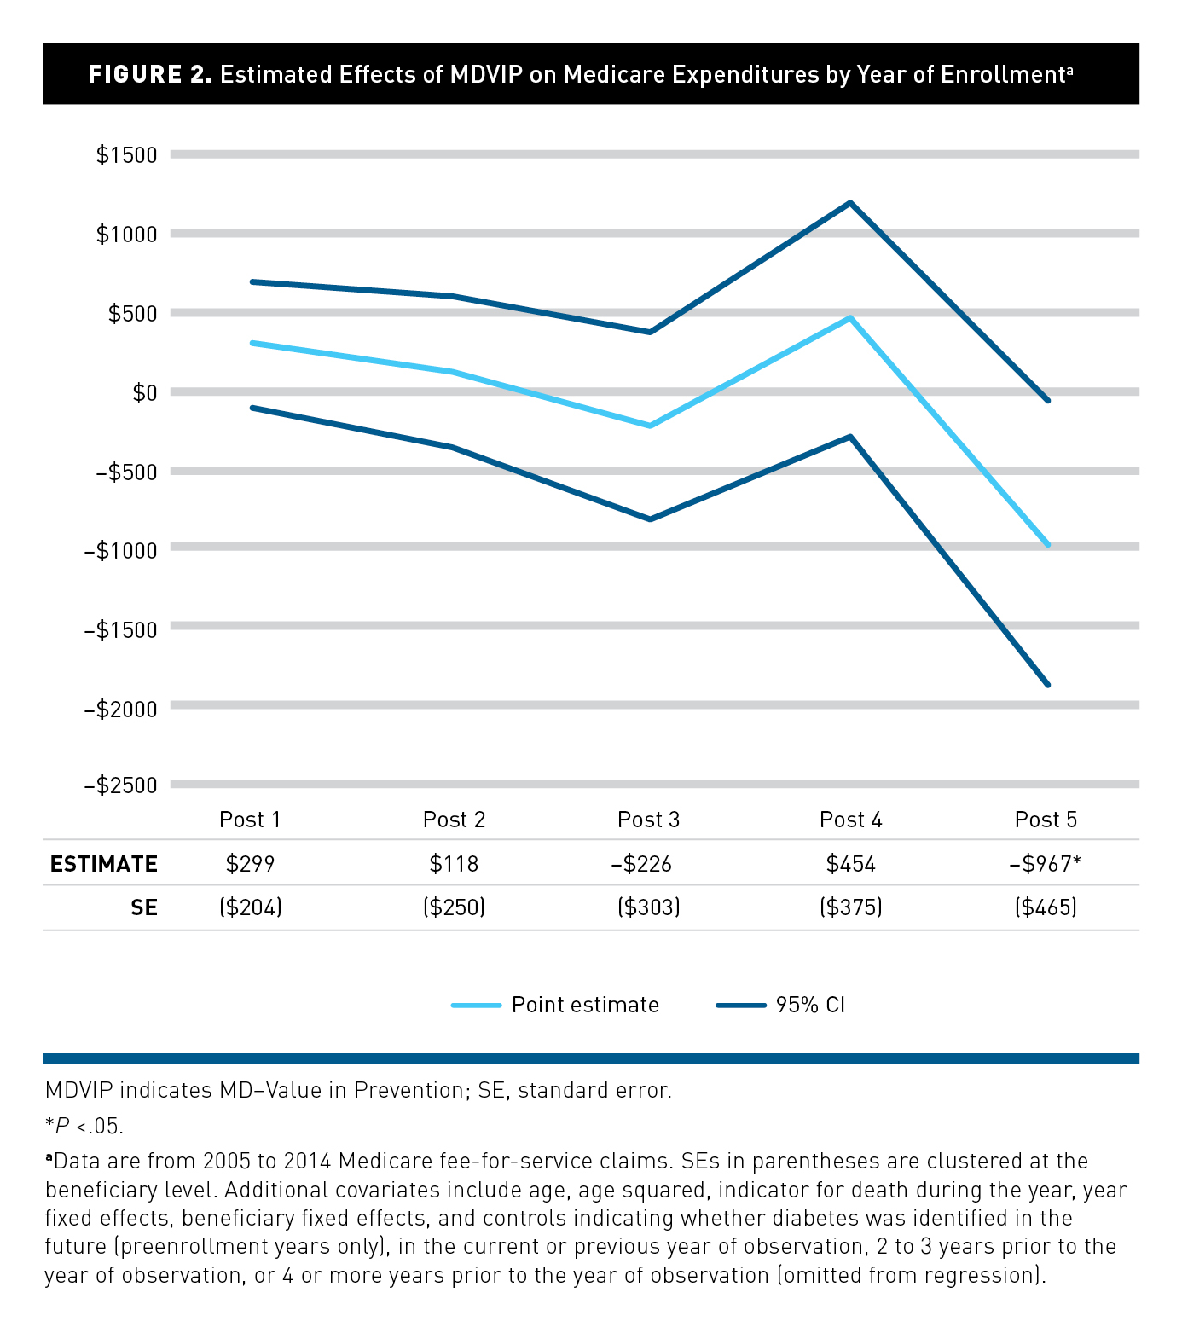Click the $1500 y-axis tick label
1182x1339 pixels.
[126, 154]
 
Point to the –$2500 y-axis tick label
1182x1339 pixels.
[120, 785]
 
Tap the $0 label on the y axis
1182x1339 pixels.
[144, 392]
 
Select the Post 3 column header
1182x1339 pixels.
[648, 820]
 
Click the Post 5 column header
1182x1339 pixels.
[1046, 820]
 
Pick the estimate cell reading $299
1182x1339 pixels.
[250, 864]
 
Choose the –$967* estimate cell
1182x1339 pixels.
[1046, 864]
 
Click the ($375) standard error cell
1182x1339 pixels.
[850, 907]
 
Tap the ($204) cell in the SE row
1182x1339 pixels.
[250, 907]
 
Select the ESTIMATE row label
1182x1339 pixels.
[103, 864]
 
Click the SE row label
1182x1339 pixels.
[144, 907]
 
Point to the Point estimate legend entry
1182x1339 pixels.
[584, 1005]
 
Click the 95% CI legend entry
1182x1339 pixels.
[809, 1005]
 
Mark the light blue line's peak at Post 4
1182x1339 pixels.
[850, 318]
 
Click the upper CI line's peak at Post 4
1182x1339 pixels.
[850, 203]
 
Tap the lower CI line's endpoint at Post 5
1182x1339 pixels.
[1047, 684]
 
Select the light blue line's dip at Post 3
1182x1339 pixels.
[650, 425]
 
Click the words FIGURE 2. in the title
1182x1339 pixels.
[149, 74]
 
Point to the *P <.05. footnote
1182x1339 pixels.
[84, 1126]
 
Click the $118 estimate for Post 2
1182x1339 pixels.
[454, 864]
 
